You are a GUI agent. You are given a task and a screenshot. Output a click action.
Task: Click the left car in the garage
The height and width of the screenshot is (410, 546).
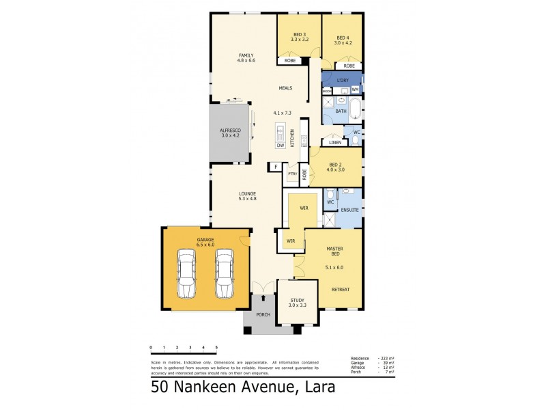pyautogui.click(x=186, y=274)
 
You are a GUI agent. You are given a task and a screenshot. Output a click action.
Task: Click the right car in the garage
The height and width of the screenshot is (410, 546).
pyautogui.click(x=225, y=274)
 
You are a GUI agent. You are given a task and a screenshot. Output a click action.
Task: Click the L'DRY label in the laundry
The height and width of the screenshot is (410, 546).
pyautogui.click(x=343, y=80)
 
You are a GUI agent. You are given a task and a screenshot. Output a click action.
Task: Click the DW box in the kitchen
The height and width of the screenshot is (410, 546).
pyautogui.click(x=280, y=145)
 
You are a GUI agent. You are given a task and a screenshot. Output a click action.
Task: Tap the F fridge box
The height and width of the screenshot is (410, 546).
pyautogui.click(x=275, y=167)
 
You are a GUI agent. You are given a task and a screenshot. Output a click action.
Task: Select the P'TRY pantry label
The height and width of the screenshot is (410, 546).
pyautogui.click(x=291, y=174)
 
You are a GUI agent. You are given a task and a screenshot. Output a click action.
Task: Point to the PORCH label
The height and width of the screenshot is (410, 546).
pyautogui.click(x=263, y=315)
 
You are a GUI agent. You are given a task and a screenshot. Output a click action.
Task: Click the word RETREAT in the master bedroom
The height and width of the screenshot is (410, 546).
pyautogui.click(x=341, y=289)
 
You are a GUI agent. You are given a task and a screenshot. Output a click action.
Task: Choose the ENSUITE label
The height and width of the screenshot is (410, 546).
pyautogui.click(x=350, y=210)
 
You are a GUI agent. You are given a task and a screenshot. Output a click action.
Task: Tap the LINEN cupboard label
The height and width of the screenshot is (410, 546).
pyautogui.click(x=334, y=142)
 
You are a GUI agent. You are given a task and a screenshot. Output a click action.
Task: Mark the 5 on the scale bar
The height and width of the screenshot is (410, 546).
pyautogui.click(x=216, y=348)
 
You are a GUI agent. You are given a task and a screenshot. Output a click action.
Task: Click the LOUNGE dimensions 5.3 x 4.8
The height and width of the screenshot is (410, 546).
pyautogui.click(x=247, y=199)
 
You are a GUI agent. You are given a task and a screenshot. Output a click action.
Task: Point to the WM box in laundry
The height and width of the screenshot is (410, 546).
pyautogui.click(x=355, y=90)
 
